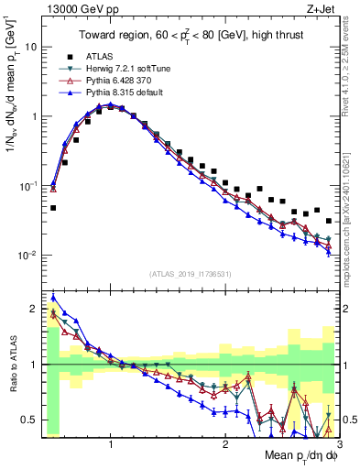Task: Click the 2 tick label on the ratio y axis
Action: (x=34, y=308)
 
